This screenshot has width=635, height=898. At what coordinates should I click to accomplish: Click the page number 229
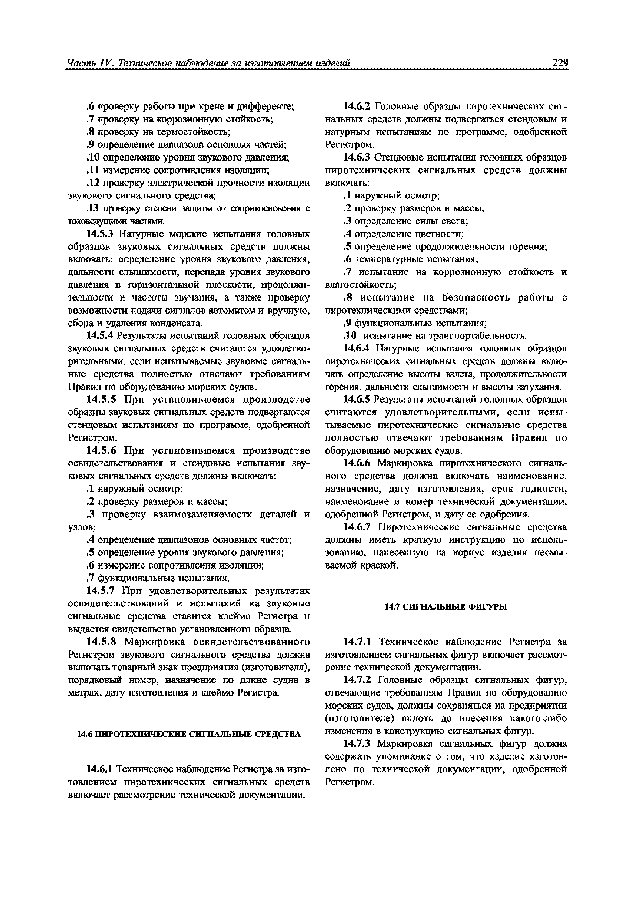560,62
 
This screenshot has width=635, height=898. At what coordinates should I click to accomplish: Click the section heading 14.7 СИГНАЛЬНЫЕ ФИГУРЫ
446,607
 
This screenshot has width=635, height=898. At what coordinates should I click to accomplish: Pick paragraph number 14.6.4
356,348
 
